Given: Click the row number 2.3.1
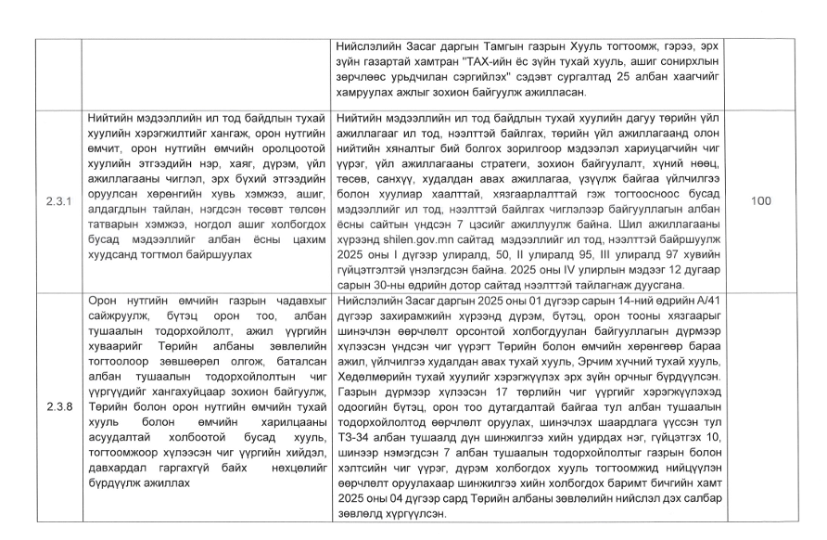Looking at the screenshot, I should click(x=57, y=200).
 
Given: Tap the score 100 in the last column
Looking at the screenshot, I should click(x=760, y=200).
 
